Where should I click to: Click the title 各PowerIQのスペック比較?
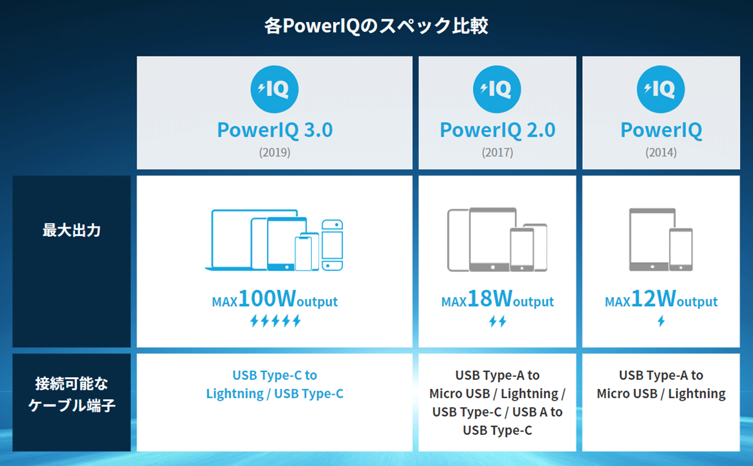[376, 25]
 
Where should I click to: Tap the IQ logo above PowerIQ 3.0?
[274, 89]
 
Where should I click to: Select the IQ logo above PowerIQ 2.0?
[497, 89]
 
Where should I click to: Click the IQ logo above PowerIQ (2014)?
[660, 89]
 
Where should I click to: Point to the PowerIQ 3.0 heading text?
[275, 130]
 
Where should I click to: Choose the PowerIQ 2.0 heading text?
[497, 130]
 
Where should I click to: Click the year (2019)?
[275, 152]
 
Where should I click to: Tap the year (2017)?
[497, 152]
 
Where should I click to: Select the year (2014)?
[660, 152]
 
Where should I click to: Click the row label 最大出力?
[72, 230]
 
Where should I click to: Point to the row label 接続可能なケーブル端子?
[72, 394]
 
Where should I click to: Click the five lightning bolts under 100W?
[275, 320]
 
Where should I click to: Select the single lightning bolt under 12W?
[661, 320]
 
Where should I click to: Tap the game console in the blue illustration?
[333, 245]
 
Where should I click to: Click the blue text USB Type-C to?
[275, 375]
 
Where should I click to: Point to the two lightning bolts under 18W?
[497, 320]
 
